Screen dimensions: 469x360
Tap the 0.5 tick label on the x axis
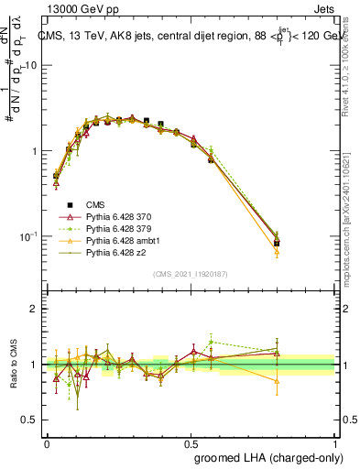tap(190, 442)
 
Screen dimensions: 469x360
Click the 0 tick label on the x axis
tap(47, 442)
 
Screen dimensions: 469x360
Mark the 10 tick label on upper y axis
tap(31, 66)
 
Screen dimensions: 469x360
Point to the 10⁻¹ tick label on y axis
tap(27, 236)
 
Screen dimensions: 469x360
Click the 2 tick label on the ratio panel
tap(35, 309)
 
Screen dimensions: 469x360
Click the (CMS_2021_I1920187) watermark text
tap(190, 274)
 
